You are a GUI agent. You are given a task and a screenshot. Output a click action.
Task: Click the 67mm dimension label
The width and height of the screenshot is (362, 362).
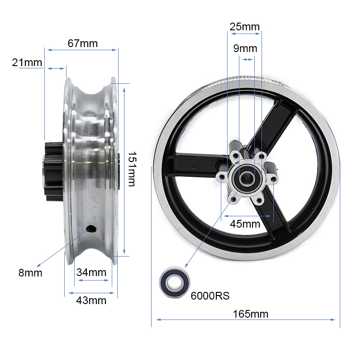82,43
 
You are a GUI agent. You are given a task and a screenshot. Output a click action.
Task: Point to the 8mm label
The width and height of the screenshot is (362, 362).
30,273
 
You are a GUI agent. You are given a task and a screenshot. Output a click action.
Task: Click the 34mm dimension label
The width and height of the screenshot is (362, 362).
91,272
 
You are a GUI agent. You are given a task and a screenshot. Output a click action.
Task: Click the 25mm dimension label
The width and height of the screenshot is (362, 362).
245,26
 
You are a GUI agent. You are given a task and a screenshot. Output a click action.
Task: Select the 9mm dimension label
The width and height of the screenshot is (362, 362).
245,48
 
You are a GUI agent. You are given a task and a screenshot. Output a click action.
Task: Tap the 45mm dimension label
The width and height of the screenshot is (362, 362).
245,224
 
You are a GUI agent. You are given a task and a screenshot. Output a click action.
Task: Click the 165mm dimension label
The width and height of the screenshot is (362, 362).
251,314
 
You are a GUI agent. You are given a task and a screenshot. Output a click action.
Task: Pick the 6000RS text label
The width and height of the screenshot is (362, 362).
210,296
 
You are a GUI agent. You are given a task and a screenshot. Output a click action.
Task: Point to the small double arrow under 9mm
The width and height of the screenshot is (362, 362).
248,59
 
